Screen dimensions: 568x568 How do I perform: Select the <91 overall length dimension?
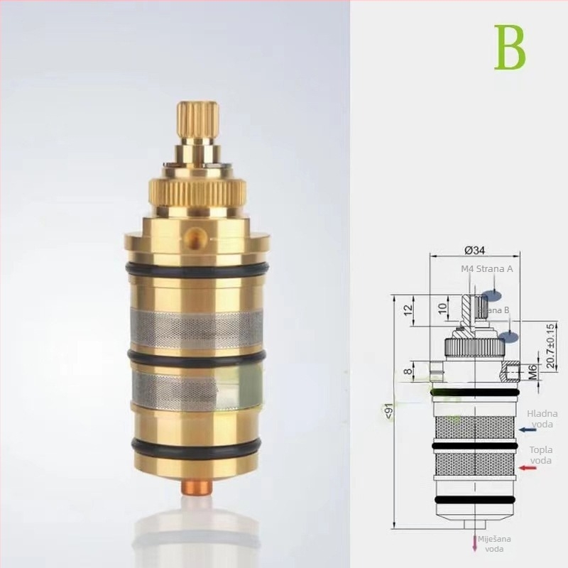[387, 412]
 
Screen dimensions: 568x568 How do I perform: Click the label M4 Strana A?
[486, 269]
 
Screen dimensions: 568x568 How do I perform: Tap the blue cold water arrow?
[528, 430]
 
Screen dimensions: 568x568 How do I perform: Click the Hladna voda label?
[542, 419]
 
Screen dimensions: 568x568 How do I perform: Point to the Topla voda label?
[540, 454]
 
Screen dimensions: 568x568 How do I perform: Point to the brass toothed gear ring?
[197, 190]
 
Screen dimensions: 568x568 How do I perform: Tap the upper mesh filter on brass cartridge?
[197, 329]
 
